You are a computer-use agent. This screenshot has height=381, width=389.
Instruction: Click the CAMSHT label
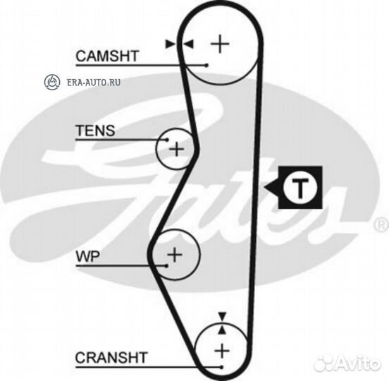(x=107, y=56)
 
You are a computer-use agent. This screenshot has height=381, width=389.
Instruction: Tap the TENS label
(x=95, y=131)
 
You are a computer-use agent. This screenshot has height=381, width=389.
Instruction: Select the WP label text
(x=88, y=256)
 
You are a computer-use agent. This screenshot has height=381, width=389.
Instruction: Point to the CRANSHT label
(x=111, y=358)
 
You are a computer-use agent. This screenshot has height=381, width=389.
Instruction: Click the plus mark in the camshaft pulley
(x=220, y=44)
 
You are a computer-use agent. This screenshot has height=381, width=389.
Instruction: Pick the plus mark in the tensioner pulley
(x=176, y=150)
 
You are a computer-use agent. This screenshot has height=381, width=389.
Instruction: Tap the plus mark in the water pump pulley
(x=175, y=255)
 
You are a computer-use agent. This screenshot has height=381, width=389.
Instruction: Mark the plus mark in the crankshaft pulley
(x=222, y=351)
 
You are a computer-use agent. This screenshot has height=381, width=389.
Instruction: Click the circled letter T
(x=300, y=188)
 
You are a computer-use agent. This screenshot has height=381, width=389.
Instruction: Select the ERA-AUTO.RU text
(x=94, y=83)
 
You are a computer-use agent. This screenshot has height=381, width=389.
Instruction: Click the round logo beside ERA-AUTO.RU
(x=52, y=82)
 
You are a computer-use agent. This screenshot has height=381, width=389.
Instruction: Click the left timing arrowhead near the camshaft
(x=170, y=44)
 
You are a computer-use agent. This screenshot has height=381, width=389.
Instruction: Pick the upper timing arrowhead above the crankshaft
(x=222, y=316)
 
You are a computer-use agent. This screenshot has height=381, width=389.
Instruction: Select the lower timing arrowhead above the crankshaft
(x=222, y=329)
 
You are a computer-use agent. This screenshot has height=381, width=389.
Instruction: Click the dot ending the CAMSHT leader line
(x=206, y=66)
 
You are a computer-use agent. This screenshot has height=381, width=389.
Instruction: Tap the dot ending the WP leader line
(x=167, y=266)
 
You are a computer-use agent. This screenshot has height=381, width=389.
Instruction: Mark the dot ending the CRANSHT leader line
(x=221, y=367)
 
